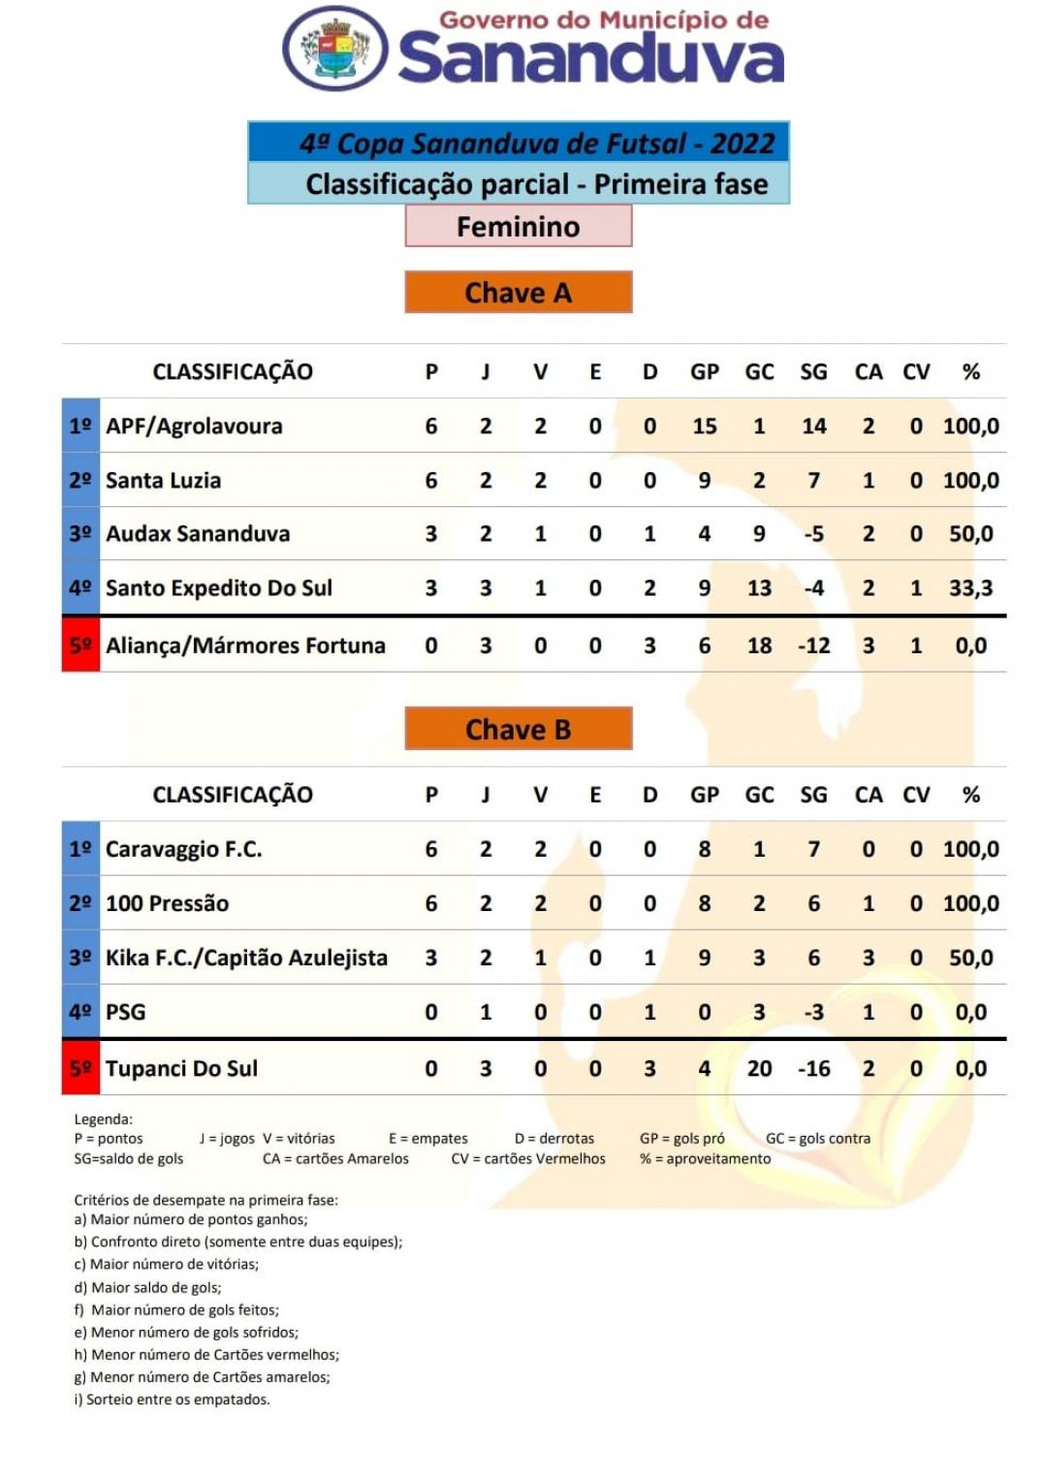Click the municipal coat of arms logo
coord(335,48)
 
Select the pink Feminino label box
coord(519,226)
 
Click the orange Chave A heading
coord(519,293)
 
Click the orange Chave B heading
coord(519,729)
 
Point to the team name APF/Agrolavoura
coord(194,426)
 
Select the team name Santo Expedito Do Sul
coord(219,588)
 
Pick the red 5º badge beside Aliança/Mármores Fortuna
coord(80,646)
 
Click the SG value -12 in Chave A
coord(813,646)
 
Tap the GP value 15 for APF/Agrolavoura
coord(705,426)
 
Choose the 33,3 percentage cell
coord(971,588)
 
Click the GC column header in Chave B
coord(759,795)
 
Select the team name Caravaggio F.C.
coord(184,850)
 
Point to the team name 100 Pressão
coord(167,904)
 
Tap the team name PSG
coord(126,1013)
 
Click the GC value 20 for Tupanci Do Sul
coord(759,1069)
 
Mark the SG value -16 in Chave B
coord(813,1069)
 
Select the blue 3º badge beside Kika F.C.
coord(80,959)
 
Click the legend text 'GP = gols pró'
coord(682,1139)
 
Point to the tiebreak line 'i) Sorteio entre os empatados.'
coord(173,1400)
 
